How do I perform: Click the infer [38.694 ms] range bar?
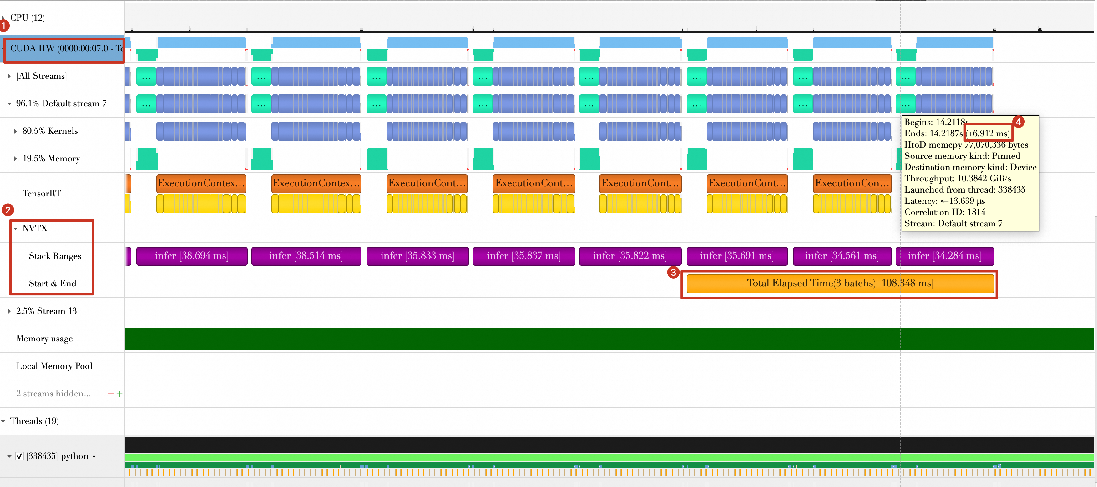pyautogui.click(x=192, y=256)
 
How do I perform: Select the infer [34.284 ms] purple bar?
pyautogui.click(x=944, y=256)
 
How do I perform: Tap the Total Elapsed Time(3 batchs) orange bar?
pyautogui.click(x=840, y=284)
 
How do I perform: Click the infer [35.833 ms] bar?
pyautogui.click(x=417, y=256)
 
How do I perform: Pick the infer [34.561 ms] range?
pyautogui.click(x=842, y=256)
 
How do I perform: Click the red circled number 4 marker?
pyautogui.click(x=1018, y=122)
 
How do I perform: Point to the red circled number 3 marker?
pyautogui.click(x=673, y=272)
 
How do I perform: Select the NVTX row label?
pyautogui.click(x=35, y=228)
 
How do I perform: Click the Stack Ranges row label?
pyautogui.click(x=55, y=256)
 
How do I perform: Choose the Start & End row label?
pyautogui.click(x=53, y=284)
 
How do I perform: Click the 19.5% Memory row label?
pyautogui.click(x=51, y=159)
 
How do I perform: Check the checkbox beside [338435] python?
pyautogui.click(x=19, y=456)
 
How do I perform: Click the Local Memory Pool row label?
pyautogui.click(x=54, y=366)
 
